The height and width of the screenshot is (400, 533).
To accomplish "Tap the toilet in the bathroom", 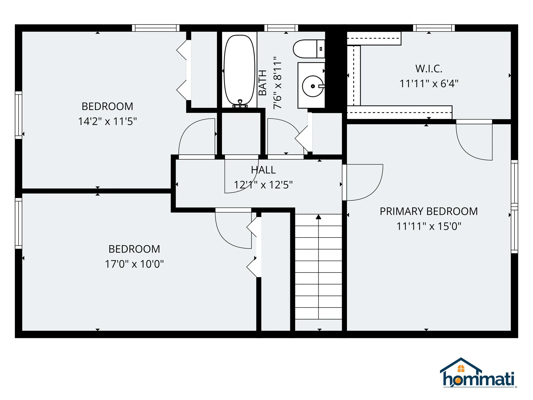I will coord(308,49).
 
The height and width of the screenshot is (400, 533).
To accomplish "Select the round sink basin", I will coord(313,86).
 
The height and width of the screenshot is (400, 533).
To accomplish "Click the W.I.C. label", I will coord(429,69).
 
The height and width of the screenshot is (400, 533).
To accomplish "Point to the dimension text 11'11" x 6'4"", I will coord(429,84).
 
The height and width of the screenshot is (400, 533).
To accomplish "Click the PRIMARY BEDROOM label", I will coord(429,211).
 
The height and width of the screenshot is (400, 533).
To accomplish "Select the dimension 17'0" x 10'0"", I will coord(134,264).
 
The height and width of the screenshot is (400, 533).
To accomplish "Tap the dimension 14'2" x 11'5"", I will coord(107,121).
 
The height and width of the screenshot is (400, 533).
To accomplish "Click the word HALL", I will coord(263,170).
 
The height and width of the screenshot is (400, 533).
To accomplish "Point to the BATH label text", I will coord(262,82).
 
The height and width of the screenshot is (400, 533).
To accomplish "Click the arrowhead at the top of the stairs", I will coord(318,217).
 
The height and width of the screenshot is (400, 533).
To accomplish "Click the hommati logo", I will coord(478,374).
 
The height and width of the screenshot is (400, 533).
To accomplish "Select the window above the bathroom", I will coord(281,28).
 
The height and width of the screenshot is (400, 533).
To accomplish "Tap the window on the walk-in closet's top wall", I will coord(434,28).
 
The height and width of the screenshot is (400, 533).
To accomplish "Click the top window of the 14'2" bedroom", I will coord(155,28).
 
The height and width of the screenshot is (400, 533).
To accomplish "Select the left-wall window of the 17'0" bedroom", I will coord(18,223).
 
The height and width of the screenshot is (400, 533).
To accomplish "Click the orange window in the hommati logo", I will coord(461,369).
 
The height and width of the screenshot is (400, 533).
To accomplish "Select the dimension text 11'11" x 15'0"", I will coord(429,226).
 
